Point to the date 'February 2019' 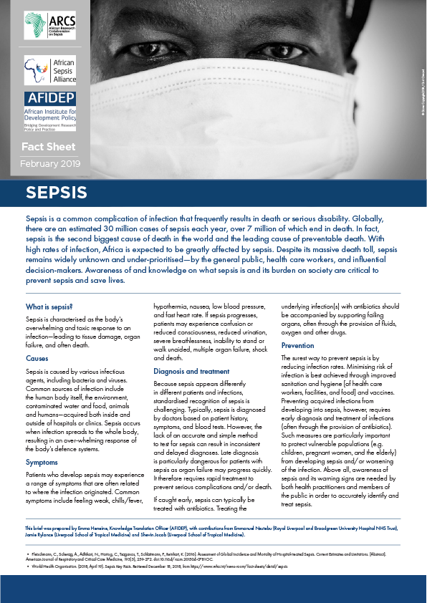(x=49, y=164)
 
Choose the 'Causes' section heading (x=37, y=357)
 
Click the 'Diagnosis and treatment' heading (x=191, y=371)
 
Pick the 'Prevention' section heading (x=297, y=345)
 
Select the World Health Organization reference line (x=179, y=566)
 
